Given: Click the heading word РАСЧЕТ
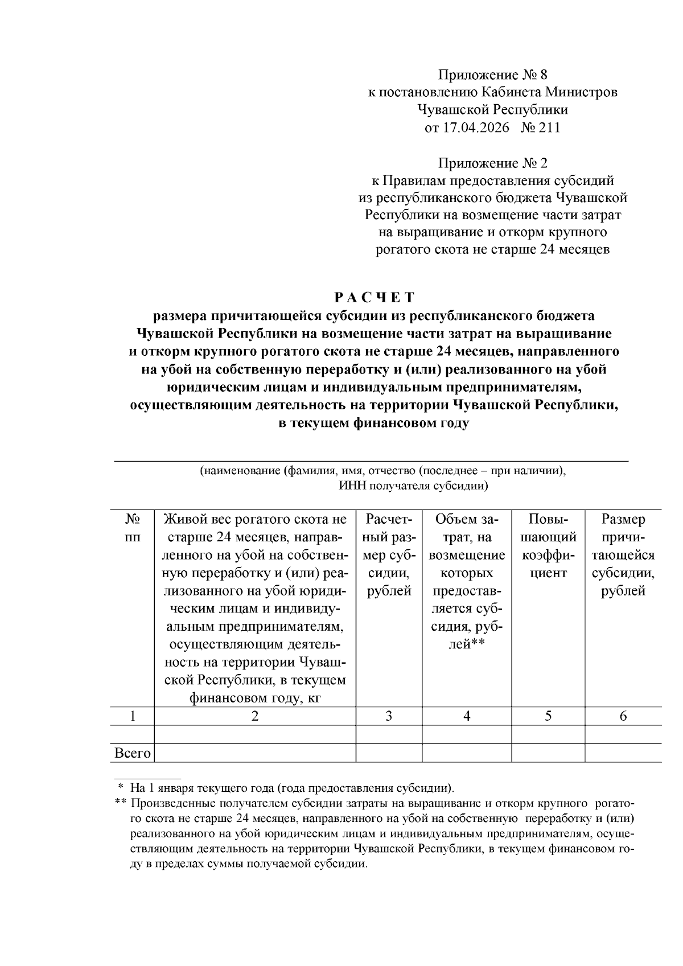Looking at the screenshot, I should (x=375, y=297).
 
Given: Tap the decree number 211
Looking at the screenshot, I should (x=549, y=128).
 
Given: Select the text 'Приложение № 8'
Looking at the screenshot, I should (x=492, y=75).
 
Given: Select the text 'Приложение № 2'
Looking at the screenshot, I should (x=492, y=163).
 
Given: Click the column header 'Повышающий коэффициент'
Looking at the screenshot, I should (x=549, y=546).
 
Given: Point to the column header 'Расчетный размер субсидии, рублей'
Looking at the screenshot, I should (x=389, y=555).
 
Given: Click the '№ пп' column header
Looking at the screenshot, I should (x=132, y=528).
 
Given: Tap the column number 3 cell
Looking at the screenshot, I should (x=389, y=716).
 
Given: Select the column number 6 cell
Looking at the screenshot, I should (x=623, y=716).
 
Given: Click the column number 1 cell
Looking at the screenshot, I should (x=132, y=716).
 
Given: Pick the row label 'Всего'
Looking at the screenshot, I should (x=132, y=753).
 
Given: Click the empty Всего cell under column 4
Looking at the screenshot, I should (x=467, y=753).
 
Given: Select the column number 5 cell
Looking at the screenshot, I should (x=548, y=716).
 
